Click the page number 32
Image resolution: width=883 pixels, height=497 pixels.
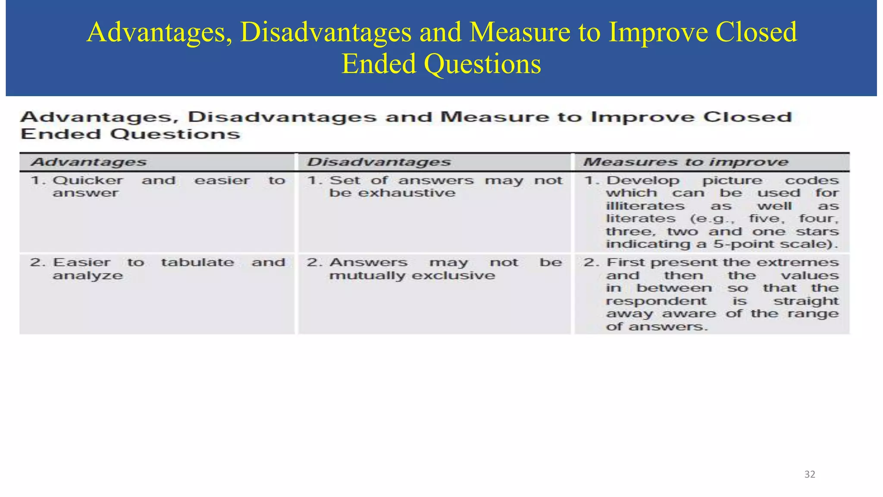pos(810,475)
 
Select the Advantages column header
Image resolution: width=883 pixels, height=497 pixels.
pos(89,162)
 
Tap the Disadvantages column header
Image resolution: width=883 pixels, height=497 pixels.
pos(379,162)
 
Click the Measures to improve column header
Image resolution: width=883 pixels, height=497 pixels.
pos(686,162)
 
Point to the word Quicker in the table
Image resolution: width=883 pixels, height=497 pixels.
pos(88,181)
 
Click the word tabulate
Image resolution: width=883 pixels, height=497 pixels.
pos(197,262)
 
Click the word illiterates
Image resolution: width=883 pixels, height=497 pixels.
pos(645,206)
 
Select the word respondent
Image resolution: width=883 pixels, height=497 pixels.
pos(656,301)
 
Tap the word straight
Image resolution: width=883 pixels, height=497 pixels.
pos(806,301)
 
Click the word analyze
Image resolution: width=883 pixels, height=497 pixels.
pos(88,276)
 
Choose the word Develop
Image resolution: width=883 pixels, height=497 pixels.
pos(642,181)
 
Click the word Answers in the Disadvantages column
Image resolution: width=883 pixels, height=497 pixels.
pos(368,262)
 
